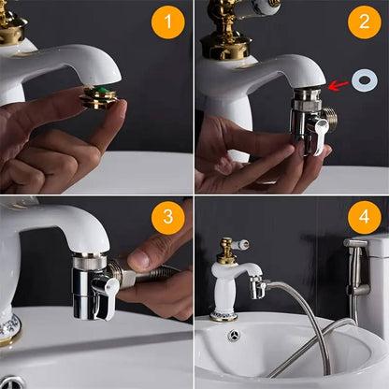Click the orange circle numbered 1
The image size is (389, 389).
(167, 22)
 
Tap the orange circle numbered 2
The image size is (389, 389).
(364, 22)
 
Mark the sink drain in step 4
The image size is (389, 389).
(234, 335)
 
